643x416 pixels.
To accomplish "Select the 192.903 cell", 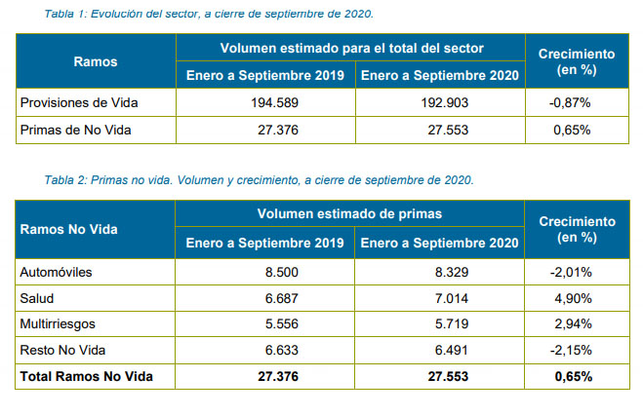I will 440,102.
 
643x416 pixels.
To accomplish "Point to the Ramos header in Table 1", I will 96,61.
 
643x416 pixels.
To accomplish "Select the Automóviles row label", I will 57,272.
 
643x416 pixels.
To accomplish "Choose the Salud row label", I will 37,298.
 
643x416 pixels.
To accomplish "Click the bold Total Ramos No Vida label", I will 86,376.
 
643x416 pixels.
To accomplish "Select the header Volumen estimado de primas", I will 350,214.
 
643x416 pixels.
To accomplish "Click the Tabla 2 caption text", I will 259,180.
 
